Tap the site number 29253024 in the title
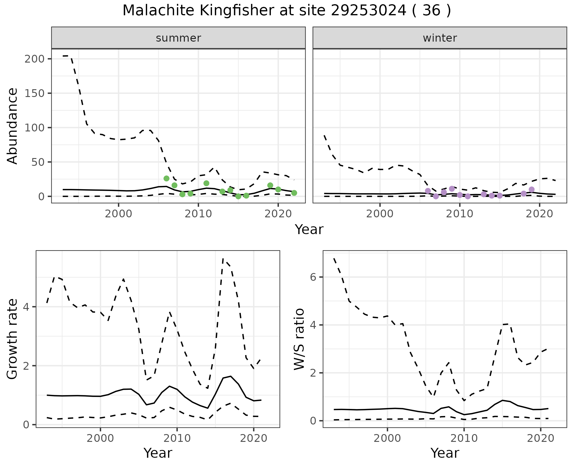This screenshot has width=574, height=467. pos(369,11)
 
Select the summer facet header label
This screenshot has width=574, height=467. pos(178,38)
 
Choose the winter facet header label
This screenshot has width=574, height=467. pos(440,38)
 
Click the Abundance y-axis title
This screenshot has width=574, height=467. pos(13,126)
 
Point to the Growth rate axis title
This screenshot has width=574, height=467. pos(13,339)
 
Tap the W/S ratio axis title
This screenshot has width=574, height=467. pos(299,339)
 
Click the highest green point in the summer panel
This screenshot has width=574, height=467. pos(167,178)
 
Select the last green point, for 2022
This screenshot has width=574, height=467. pos(294,193)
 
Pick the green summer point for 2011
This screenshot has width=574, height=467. pos(206,183)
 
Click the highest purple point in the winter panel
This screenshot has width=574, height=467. pos(452,189)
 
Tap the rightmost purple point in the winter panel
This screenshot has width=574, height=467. pos(532,189)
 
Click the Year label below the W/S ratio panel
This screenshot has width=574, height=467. pos(445,453)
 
